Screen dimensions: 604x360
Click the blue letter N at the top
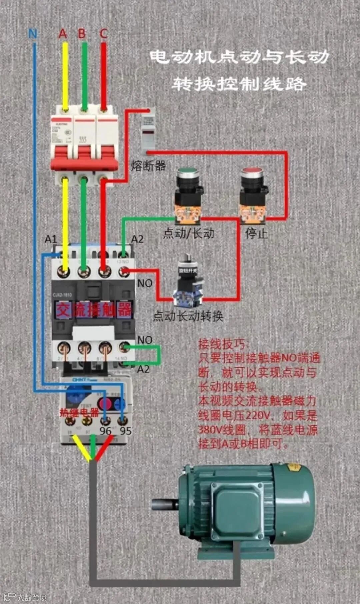33,34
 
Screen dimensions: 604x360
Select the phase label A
63,34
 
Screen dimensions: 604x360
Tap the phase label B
82,34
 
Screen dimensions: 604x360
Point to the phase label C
103,34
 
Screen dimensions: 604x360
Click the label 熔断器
148,165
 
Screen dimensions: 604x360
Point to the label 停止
257,233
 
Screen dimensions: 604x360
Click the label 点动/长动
189,233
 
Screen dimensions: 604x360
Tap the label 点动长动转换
188,316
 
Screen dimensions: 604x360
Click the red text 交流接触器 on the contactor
94,310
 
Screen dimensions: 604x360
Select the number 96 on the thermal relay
105,431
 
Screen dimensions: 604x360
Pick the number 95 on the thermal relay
126,431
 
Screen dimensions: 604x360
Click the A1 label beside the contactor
51,239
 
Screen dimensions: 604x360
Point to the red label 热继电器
79,413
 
